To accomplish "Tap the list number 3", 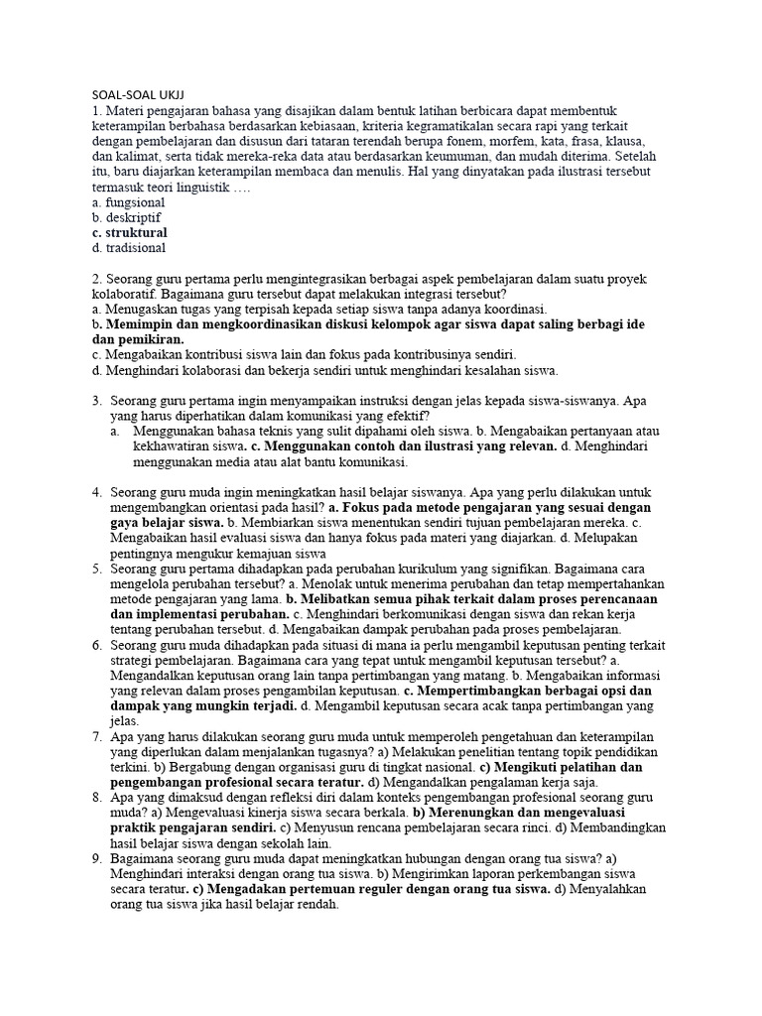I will (x=97, y=401).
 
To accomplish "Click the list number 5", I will (x=97, y=569).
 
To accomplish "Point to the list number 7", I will (x=97, y=737).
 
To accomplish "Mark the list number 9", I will (x=97, y=859).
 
